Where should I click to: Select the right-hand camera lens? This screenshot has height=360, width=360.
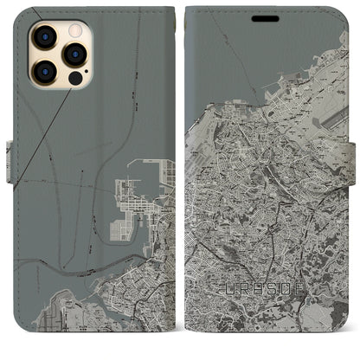click(x=75, y=54)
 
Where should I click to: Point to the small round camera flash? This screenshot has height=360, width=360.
click(x=74, y=31)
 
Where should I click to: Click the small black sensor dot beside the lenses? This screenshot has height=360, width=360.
click(x=75, y=77)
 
